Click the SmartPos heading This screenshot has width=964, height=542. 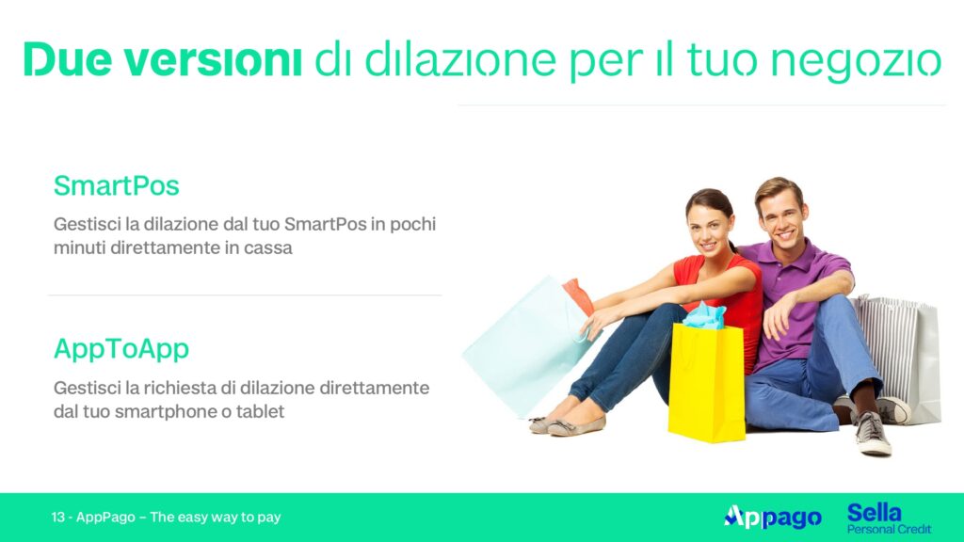click(116, 185)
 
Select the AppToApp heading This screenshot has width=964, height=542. click(121, 350)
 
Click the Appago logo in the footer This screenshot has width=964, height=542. click(773, 518)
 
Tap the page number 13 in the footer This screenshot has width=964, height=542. click(57, 517)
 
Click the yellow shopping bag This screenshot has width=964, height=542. click(706, 382)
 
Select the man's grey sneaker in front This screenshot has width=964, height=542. click(872, 433)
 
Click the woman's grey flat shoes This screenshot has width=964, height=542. click(567, 423)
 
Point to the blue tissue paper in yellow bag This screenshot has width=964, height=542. click(704, 315)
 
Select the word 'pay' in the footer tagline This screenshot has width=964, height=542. click(269, 518)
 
